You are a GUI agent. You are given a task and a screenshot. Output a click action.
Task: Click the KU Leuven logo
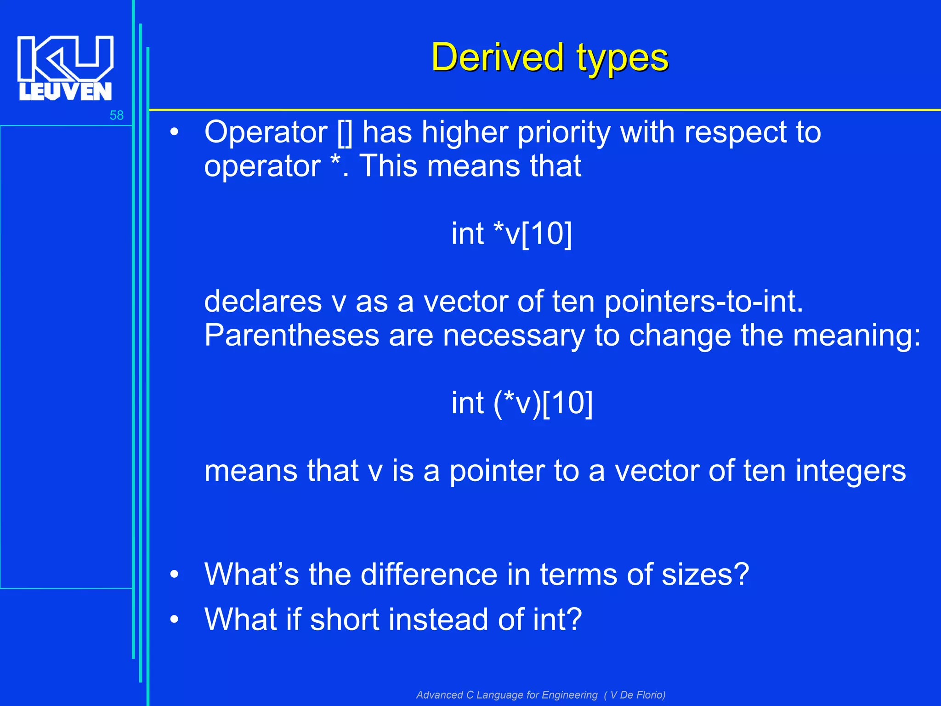65,68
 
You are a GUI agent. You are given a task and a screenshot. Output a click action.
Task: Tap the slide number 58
116,115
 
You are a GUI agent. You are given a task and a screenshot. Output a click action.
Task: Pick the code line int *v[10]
511,234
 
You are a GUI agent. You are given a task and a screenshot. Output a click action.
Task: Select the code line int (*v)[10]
522,403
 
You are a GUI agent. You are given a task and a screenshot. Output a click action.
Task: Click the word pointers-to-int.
703,302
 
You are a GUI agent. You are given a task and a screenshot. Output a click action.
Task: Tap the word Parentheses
292,336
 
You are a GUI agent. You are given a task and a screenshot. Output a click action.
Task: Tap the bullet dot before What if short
174,620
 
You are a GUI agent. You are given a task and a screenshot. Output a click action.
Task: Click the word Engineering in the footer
569,695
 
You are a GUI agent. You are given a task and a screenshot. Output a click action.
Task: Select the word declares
263,302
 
